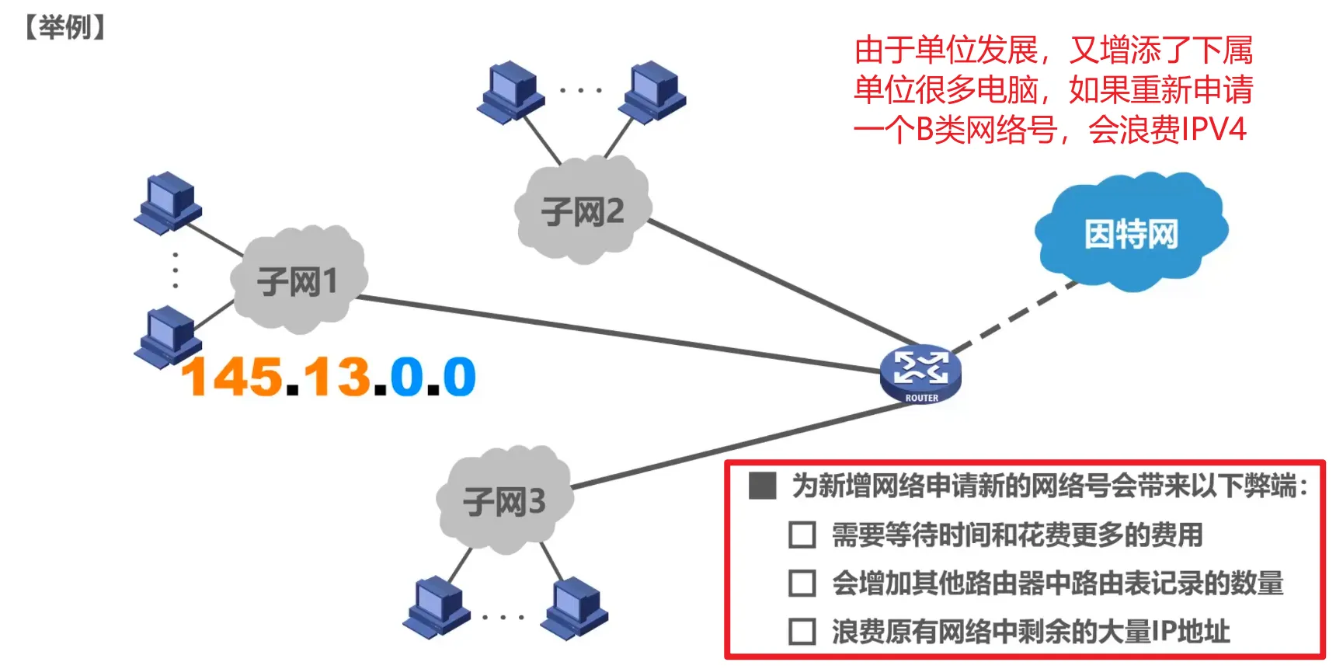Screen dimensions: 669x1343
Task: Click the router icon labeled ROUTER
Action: (920, 373)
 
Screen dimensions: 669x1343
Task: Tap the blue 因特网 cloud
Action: (1131, 233)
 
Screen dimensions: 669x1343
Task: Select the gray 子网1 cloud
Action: (298, 280)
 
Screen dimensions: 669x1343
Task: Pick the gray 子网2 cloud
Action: (583, 211)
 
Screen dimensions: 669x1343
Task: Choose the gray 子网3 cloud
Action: (505, 501)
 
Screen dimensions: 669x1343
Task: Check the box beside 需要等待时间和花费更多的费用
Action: (802, 535)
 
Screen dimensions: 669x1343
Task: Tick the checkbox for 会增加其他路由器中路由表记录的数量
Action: (802, 584)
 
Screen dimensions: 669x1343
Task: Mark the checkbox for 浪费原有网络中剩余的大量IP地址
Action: (802, 632)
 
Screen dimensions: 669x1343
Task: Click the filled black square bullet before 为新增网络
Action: (762, 486)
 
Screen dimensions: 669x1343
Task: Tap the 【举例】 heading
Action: (64, 28)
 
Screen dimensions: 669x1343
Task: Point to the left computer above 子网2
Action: (510, 92)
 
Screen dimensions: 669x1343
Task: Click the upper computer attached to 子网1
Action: (168, 202)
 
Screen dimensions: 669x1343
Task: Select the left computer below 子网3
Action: (437, 607)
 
